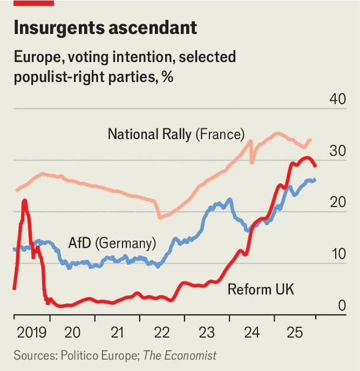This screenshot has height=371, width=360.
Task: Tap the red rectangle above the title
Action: tap(33, 3)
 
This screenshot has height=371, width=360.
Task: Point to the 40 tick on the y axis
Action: tap(337, 99)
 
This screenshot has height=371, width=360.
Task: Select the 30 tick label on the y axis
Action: tap(337, 151)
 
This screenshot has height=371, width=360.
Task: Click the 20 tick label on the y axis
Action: tap(337, 202)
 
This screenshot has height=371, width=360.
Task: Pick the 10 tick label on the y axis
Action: tap(337, 254)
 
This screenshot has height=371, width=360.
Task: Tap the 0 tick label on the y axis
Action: tap(342, 306)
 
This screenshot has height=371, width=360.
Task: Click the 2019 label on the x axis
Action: tap(31, 332)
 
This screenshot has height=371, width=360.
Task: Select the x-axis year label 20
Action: tap(73, 332)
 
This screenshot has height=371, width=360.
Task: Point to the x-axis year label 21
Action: tap(117, 332)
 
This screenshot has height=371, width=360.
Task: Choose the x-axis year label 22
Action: tap(162, 332)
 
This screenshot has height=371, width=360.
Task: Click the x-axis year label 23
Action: tap(207, 332)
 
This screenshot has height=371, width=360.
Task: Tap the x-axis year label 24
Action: tap(251, 332)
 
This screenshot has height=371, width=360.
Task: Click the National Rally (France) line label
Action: tap(176, 134)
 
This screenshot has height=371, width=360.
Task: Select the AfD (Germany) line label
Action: tap(103, 243)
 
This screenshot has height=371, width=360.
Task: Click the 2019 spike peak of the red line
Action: tap(25, 201)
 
